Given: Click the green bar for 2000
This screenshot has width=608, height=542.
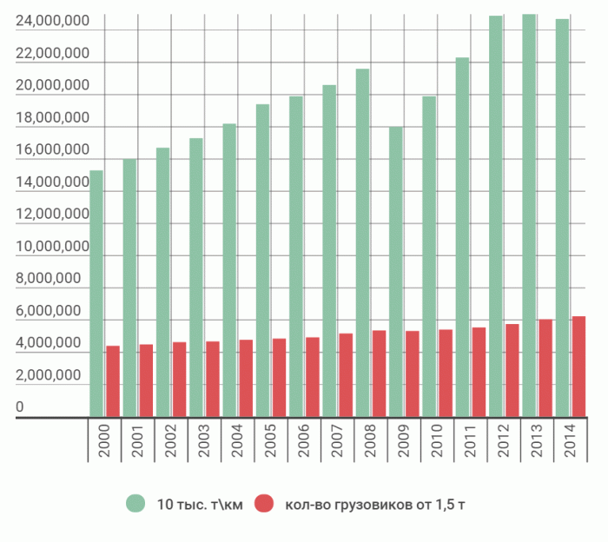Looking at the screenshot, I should click(x=96, y=294).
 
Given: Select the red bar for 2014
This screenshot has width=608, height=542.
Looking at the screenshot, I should click(x=578, y=367).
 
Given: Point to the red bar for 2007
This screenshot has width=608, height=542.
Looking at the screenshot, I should click(x=346, y=375).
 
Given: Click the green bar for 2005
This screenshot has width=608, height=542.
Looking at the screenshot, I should click(x=262, y=261).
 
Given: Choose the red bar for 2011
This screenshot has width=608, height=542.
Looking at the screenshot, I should click(x=479, y=372).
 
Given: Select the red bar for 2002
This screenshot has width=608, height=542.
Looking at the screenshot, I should click(x=180, y=380).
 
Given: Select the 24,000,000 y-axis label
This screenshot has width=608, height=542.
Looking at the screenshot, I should click(x=52, y=22).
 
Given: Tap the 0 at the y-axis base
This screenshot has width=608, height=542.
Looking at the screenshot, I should click(x=20, y=408).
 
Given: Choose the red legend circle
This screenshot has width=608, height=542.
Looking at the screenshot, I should click(x=263, y=505).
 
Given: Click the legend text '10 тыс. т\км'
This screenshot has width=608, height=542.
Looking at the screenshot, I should click(x=200, y=505).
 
